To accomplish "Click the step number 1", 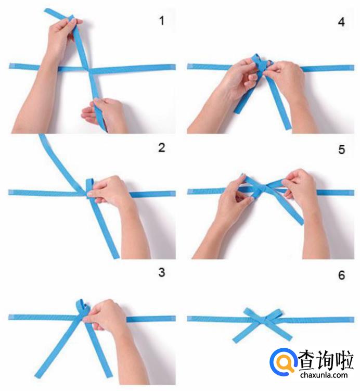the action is click(x=162, y=20).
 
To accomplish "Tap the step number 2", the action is click(x=162, y=148).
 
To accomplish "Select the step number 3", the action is click(x=162, y=272).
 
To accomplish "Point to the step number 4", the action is click(x=341, y=22).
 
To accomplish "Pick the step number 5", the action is click(x=342, y=149).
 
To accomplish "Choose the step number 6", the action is click(x=342, y=275).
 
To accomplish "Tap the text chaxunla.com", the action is click(x=324, y=375).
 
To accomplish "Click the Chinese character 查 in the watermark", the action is click(x=307, y=360).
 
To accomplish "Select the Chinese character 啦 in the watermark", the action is click(x=344, y=360).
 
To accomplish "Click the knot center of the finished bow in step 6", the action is click(x=263, y=320).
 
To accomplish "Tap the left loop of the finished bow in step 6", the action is click(x=252, y=314).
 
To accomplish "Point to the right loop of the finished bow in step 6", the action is click(x=274, y=315).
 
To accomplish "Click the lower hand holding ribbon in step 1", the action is click(x=105, y=115).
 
